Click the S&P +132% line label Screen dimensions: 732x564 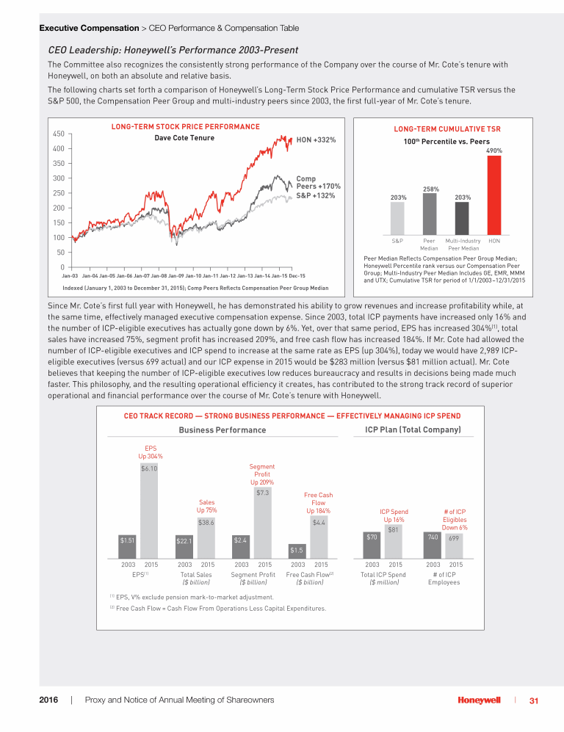(316, 195)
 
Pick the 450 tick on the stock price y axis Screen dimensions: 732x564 (58, 134)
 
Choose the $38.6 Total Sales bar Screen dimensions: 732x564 (206, 534)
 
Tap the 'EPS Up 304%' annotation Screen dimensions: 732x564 (150, 452)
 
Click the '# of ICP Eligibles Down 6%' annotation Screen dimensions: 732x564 (455, 519)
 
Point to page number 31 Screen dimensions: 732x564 (534, 700)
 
